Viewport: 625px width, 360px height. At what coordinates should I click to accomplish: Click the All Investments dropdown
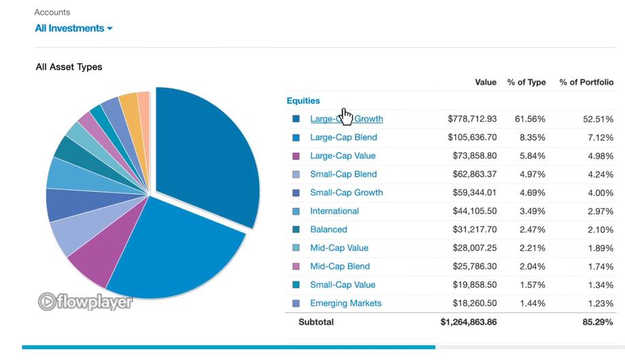74,29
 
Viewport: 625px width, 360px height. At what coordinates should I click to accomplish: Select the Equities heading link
303,101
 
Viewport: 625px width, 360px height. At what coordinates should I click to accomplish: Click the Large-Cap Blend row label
344,137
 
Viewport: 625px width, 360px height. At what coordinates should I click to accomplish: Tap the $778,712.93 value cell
472,119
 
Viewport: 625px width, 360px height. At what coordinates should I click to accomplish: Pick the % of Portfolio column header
586,82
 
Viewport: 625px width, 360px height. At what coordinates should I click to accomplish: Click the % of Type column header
526,82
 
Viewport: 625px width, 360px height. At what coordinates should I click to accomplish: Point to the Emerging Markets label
346,304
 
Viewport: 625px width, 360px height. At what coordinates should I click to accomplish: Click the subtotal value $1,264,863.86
468,322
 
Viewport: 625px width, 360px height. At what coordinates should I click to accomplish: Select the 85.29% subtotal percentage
598,322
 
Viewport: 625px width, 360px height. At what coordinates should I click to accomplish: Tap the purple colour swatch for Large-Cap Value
296,156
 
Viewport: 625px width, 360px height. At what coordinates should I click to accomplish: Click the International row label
334,211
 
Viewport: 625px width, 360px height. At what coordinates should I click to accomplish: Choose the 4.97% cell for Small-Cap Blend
532,174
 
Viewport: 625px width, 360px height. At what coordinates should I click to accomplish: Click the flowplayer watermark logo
85,302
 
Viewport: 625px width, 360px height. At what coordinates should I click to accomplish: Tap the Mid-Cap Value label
339,248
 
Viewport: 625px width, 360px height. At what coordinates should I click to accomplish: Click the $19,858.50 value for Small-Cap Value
475,285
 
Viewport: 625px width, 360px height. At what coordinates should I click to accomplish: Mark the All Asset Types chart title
69,67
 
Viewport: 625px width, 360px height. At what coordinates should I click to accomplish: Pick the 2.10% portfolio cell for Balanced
601,230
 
